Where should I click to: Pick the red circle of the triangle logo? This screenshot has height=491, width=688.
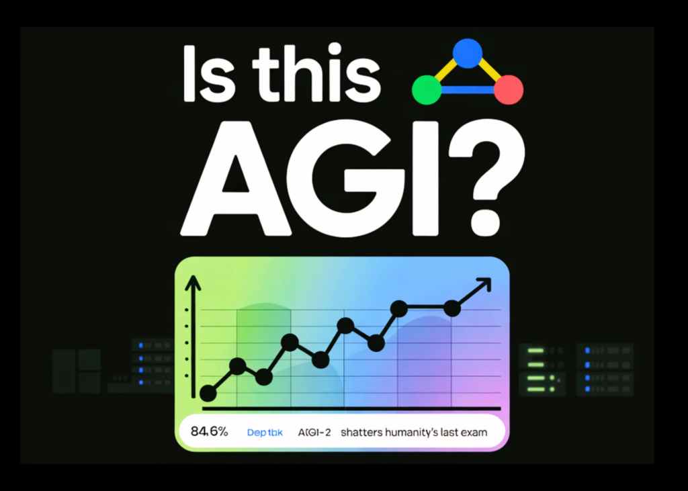click(x=509, y=89)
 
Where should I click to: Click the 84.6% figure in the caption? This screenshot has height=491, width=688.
click(x=210, y=432)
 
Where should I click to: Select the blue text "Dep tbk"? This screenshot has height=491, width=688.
click(x=265, y=433)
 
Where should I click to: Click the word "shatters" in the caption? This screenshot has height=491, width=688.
click(x=363, y=433)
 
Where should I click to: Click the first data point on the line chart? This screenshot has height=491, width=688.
click(x=209, y=394)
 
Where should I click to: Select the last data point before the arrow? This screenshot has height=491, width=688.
click(x=452, y=308)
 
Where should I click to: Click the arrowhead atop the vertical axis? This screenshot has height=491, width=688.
click(x=193, y=282)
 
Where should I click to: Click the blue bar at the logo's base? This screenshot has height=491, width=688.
click(x=468, y=89)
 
